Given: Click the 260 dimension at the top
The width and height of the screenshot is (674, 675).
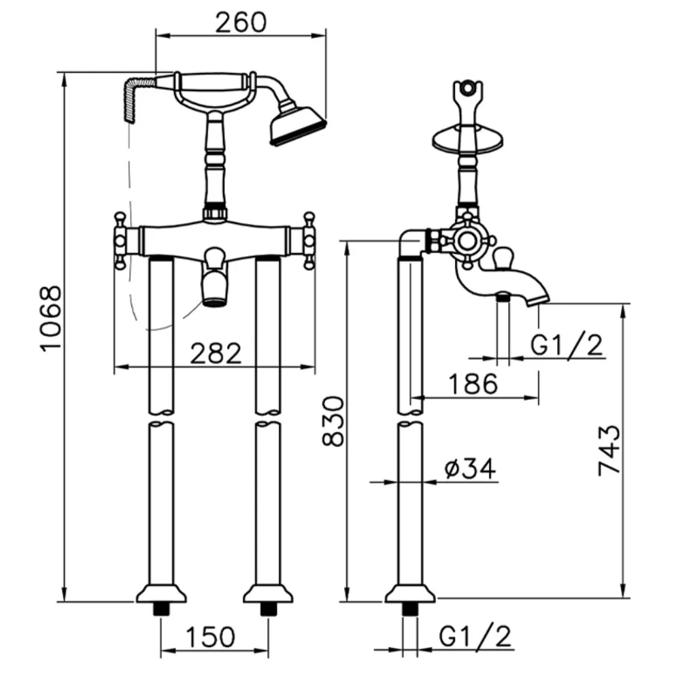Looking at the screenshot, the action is (x=241, y=22).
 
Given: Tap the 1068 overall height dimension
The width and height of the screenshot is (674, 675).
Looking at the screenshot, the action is (x=51, y=318).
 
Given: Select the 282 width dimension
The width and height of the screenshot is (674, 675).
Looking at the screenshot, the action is (x=216, y=353).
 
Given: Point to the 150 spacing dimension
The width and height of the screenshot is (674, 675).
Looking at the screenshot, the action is (x=210, y=636).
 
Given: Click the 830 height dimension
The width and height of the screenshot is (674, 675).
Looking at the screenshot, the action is (x=333, y=421).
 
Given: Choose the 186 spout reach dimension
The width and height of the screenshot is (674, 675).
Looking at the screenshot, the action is (x=473, y=384).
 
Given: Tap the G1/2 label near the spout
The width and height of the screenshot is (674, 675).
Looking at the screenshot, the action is (x=567, y=344).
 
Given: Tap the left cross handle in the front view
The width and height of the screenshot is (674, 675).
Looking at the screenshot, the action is (x=121, y=241).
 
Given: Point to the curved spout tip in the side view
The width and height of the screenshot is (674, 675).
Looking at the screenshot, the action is (x=538, y=299).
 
